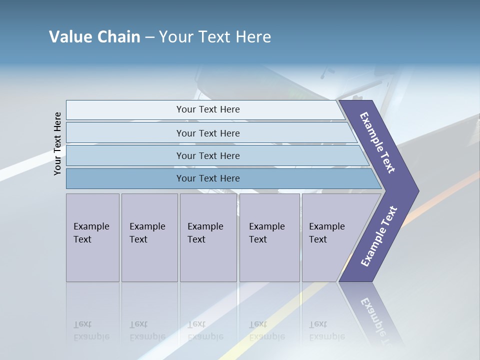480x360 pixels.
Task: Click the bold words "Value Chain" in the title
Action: (94, 37)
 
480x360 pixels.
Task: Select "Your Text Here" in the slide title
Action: (215, 37)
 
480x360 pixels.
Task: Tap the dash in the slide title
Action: (149, 37)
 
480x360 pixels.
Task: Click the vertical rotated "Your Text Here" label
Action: (58, 143)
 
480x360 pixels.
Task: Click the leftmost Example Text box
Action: (92, 237)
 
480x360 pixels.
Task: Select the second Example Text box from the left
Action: (149, 237)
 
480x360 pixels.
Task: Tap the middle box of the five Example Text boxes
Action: (208, 237)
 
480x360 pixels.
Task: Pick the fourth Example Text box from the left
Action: (269, 237)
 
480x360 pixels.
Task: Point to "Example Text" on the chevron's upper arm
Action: (377, 142)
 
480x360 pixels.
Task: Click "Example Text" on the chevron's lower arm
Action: (378, 236)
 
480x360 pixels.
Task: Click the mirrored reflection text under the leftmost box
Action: (91, 330)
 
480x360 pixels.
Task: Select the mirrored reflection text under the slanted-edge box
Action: (326, 330)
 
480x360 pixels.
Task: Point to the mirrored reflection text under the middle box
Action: (205, 330)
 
